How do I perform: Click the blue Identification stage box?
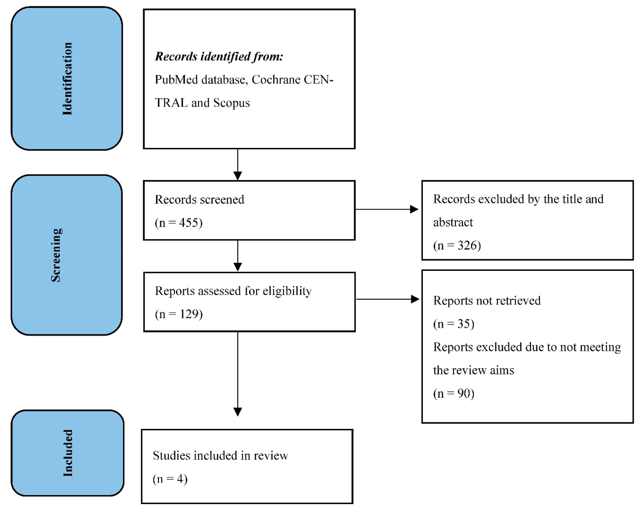tap(67, 79)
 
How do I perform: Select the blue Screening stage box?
tap(67, 255)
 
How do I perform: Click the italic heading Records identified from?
tap(219, 57)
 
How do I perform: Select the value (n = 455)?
tap(179, 223)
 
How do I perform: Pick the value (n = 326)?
tap(457, 246)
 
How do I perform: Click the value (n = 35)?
tap(454, 324)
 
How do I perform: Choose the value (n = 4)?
tap(170, 479)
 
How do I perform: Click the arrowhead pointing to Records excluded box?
tap(414, 209)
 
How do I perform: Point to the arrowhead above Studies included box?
tap(238, 412)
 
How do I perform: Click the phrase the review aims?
tap(473, 370)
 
